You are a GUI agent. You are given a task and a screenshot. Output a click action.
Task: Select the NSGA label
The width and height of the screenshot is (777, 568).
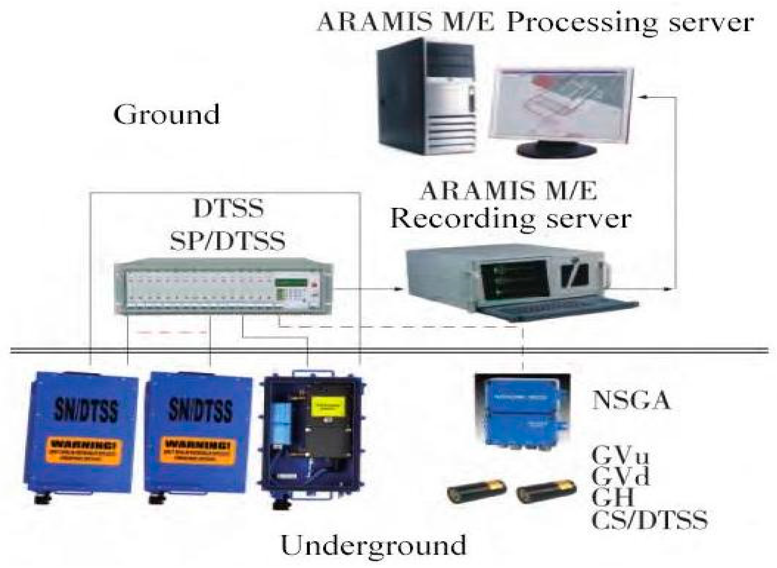click(631, 400)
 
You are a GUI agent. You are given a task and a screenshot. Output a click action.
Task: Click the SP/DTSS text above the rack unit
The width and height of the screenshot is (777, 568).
click(228, 241)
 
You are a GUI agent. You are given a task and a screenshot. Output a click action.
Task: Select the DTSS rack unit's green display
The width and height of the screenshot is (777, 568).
click(291, 283)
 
